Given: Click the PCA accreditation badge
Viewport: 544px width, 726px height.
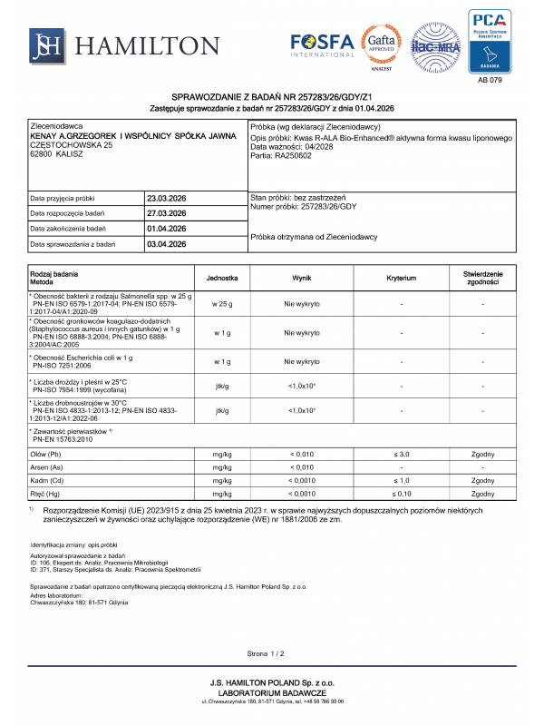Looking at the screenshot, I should click(489, 42).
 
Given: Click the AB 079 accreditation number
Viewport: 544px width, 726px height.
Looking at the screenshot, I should click(489, 81).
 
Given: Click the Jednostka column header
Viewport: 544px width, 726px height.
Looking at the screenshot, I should click(222, 277).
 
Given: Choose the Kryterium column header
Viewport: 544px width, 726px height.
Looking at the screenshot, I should click(401, 277).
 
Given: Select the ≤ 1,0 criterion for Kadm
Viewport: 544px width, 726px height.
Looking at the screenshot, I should click(401, 480).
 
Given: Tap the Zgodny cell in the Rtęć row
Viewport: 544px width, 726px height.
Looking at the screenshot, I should click(482, 494).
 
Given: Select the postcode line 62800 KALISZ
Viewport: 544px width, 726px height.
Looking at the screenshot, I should click(57, 154).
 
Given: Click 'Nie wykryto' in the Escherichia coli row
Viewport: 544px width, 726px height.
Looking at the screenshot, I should click(302, 360).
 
